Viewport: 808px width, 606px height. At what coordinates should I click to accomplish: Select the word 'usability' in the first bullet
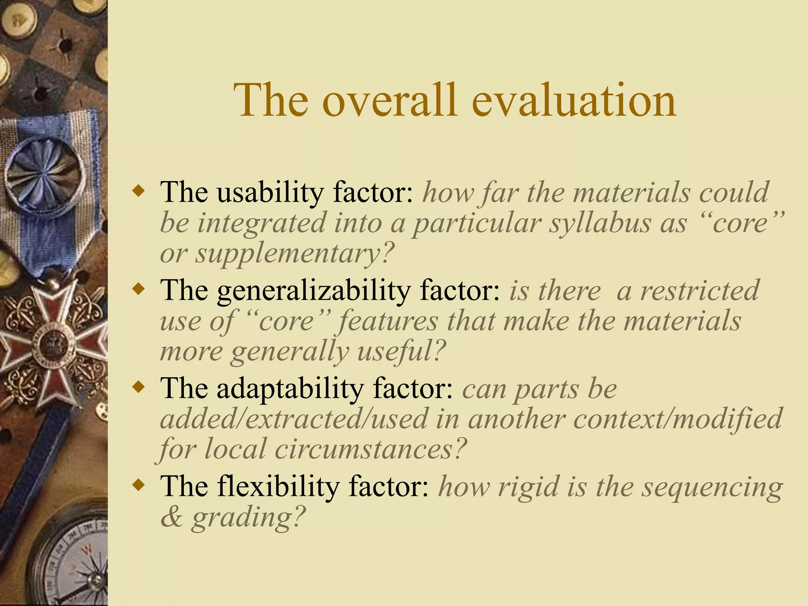click(270, 193)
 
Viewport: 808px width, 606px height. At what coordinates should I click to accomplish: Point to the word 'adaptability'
click(290, 389)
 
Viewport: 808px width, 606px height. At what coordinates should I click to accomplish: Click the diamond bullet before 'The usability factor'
click(139, 193)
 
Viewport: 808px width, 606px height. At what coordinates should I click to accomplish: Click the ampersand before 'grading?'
click(171, 517)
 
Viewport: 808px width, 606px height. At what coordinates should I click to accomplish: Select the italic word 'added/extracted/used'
click(294, 419)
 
